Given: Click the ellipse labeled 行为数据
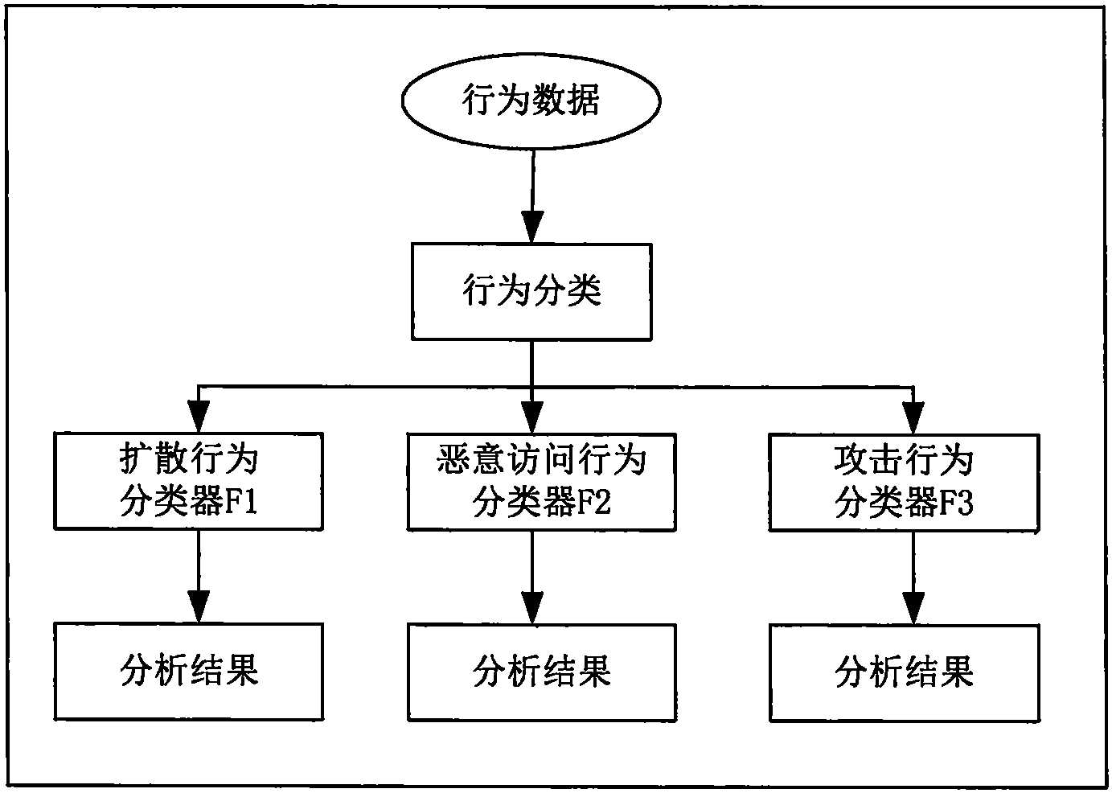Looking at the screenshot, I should [531, 101].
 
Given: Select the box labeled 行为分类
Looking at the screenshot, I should [531, 291].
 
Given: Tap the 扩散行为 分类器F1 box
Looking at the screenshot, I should [189, 481].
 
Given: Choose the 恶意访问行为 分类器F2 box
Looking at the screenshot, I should [541, 481].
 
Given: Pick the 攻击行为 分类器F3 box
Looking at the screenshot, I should [904, 481].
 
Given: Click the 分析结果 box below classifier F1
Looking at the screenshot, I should [189, 671].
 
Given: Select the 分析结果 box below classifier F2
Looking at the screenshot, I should [541, 671].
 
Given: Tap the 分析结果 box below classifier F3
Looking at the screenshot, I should [904, 671].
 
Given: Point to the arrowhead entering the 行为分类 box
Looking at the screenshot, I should [531, 227].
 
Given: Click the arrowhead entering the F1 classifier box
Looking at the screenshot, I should [199, 417].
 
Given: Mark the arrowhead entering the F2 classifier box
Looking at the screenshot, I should [531, 417].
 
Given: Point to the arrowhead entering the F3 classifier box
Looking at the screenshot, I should [913, 417].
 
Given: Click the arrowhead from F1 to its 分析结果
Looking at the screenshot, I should [199, 606].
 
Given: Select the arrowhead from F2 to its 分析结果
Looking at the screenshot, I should [531, 606].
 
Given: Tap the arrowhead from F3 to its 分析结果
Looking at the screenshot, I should [913, 606].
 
